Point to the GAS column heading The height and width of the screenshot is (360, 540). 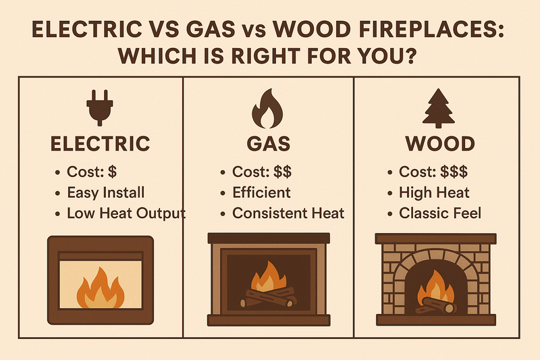(269, 144)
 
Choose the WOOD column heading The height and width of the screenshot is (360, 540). (439, 144)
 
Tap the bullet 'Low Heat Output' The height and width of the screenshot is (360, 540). (126, 214)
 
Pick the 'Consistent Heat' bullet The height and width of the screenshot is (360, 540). (288, 214)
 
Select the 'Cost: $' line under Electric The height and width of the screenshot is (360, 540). (92, 172)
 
